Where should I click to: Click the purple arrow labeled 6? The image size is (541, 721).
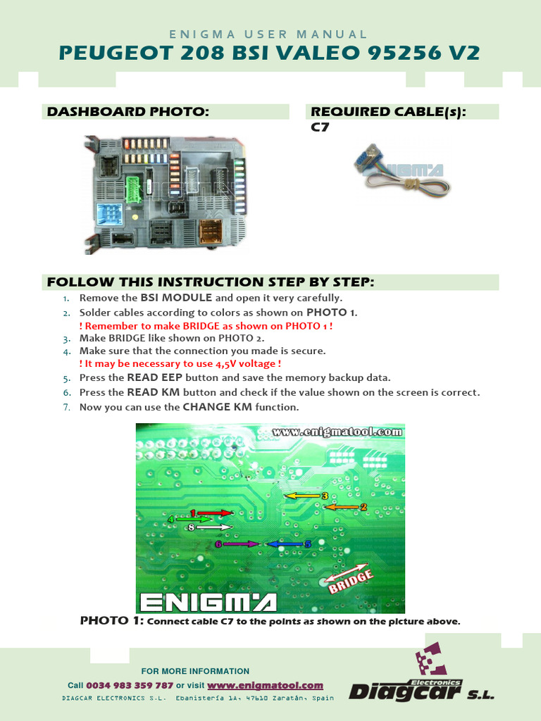coord(237,544)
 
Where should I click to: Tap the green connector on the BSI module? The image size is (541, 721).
coord(133,189)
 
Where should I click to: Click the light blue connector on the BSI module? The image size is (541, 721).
coord(109,213)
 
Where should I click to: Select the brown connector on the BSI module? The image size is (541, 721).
coord(210,230)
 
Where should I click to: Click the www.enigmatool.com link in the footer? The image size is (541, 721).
coord(265,685)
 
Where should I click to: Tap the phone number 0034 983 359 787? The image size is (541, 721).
coord(130,685)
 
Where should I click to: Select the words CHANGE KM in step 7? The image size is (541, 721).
coord(217,407)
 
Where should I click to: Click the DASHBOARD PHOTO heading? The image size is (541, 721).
coord(128,112)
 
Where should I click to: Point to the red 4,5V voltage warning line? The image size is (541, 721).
coord(180,364)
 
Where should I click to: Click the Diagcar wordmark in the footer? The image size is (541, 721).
coord(406,692)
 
